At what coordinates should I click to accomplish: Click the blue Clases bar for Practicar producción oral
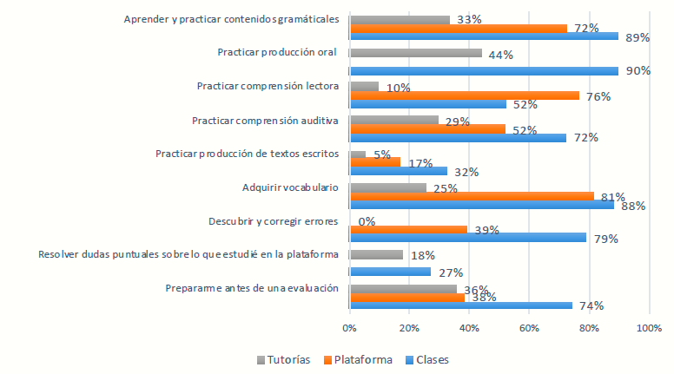(483, 71)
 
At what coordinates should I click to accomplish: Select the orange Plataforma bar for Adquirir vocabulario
(471, 196)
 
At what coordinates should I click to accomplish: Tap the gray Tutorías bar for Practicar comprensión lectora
(364, 87)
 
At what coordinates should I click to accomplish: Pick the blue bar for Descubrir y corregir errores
(467, 237)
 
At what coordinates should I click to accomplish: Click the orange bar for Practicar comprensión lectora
(464, 95)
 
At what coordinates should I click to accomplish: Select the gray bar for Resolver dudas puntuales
(376, 255)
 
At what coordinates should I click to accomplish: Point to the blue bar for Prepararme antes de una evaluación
(460, 305)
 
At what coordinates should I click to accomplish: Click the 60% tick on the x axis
(529, 329)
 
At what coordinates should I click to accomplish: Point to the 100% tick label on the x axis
(649, 329)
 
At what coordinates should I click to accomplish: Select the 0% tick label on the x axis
(349, 329)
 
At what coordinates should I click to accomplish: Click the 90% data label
(638, 71)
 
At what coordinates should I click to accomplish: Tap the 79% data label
(605, 239)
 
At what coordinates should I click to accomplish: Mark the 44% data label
(500, 55)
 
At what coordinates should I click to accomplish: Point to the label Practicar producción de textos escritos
(246, 154)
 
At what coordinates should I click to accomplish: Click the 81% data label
(613, 197)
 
